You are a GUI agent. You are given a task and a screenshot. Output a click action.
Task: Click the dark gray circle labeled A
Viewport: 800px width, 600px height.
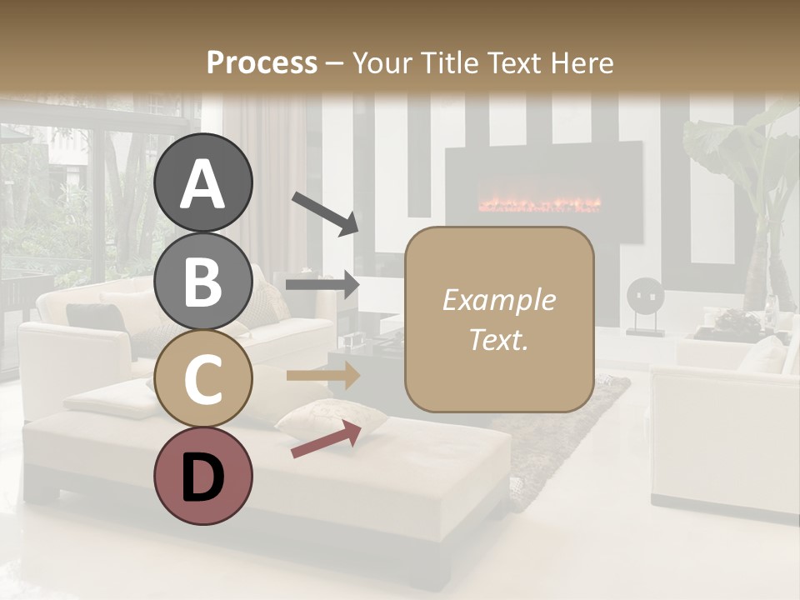[202, 182]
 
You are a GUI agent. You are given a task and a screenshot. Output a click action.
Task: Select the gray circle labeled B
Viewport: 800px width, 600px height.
[202, 281]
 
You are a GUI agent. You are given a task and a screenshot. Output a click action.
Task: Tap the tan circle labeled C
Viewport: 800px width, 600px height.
[202, 378]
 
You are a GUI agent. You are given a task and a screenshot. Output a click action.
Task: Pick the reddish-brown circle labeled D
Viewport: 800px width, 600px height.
[202, 477]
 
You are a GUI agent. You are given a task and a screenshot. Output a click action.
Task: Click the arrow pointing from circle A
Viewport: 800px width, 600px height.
[324, 212]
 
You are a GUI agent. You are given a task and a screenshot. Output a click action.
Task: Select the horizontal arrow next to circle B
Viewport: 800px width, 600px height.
[322, 285]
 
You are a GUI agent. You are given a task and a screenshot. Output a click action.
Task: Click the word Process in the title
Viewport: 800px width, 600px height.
[262, 62]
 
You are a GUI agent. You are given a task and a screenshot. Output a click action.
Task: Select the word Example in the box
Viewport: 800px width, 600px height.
[498, 301]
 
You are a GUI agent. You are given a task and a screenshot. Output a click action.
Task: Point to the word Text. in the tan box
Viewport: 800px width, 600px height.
[498, 340]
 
